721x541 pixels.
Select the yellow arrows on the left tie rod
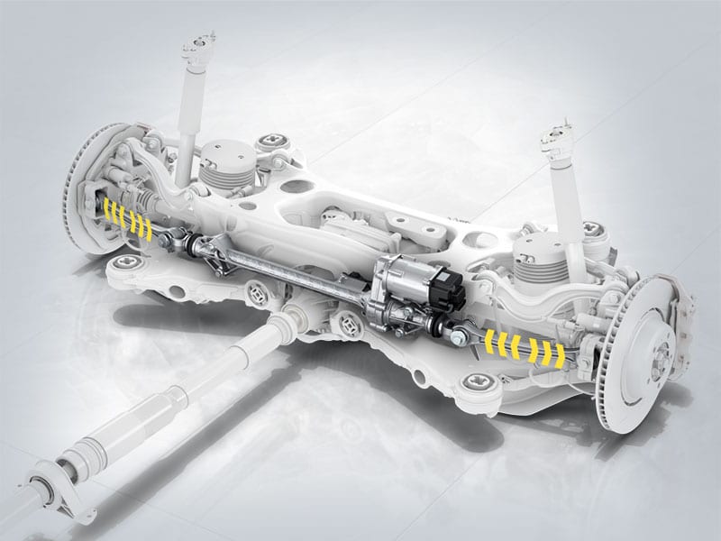click(126, 214)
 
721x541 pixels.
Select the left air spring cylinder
click(221, 168)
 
